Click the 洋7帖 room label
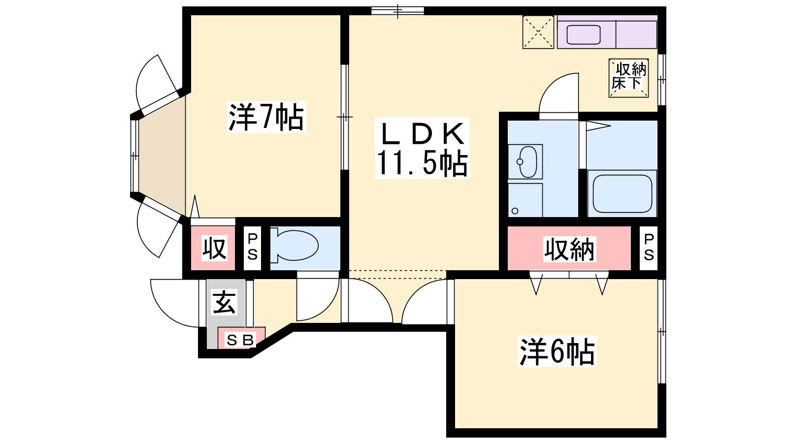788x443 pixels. pos(266,117)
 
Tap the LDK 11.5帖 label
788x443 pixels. pos(423,148)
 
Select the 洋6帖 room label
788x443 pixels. pos(557,351)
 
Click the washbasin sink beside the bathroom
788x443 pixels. pos(525,162)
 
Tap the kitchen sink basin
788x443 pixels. pos(583,34)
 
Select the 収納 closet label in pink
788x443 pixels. pos(569,249)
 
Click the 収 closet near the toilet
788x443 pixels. pos(214,248)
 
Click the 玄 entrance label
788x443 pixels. pos(224,302)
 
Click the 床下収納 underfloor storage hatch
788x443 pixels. pos(628,78)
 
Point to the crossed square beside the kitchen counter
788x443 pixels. pos(538,32)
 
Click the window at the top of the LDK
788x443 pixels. pos(397,11)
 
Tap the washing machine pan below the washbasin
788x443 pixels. pos(525,200)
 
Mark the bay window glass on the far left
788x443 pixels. pos(134,156)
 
